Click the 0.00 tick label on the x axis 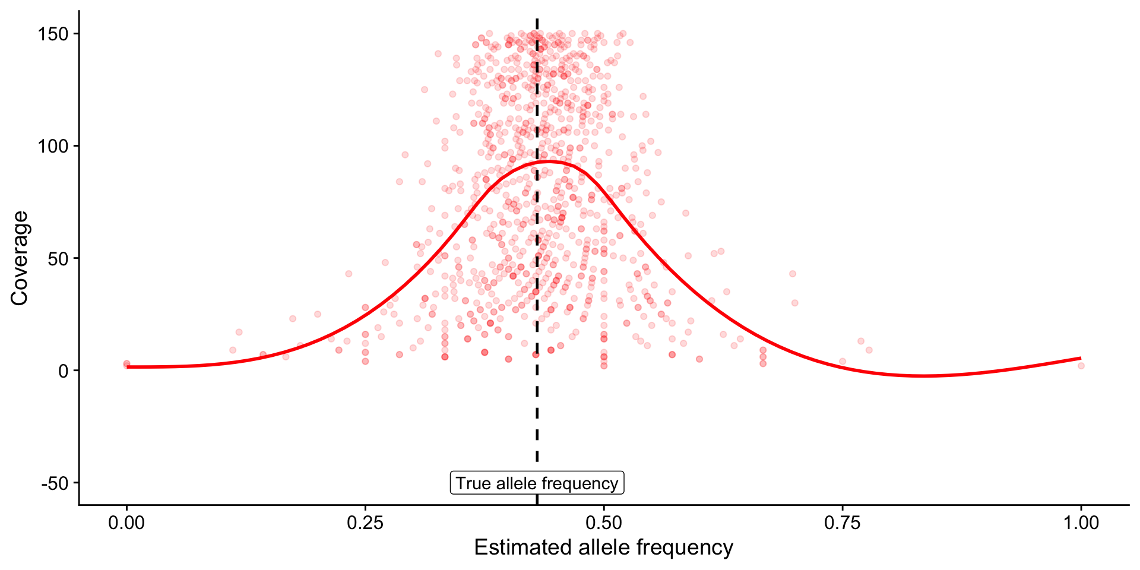126,523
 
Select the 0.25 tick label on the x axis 365,523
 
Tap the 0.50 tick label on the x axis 604,523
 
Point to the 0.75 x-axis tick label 843,523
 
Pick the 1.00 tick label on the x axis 1081,523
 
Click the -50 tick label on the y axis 56,483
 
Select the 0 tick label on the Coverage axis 64,371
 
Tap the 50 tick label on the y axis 58,259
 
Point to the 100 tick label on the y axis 54,146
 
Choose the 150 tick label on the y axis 54,34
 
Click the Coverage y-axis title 20,258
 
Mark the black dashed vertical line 537,416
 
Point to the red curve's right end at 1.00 1080,358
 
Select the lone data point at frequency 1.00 1081,366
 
